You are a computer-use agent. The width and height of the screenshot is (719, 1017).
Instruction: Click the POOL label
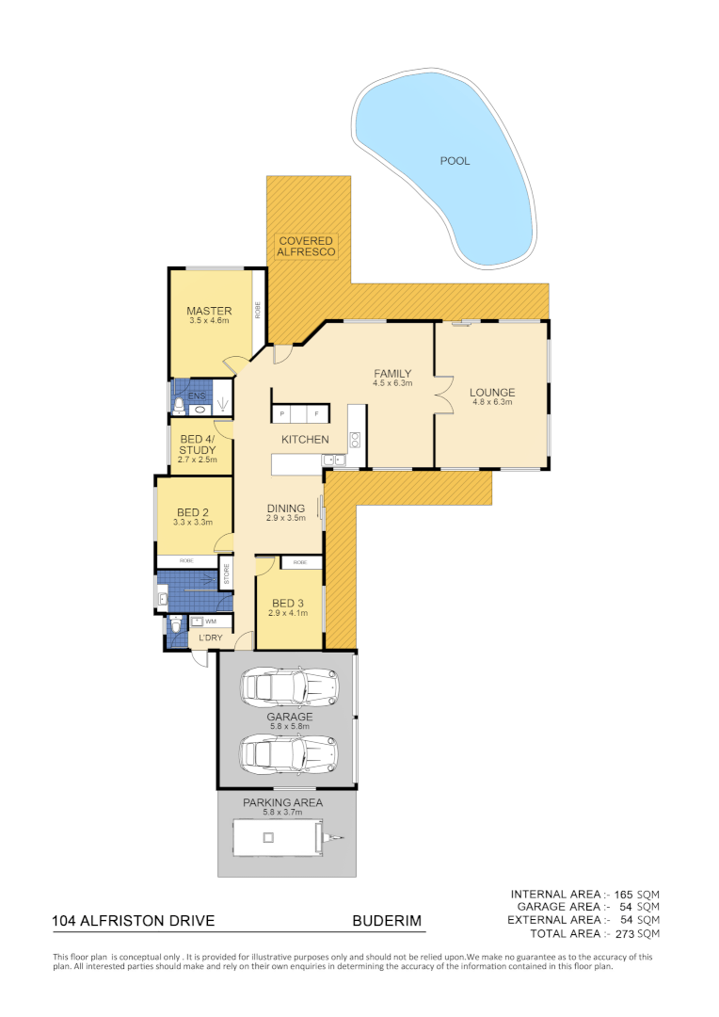tap(455, 161)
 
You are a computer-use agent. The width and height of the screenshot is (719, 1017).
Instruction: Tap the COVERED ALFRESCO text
tap(306, 247)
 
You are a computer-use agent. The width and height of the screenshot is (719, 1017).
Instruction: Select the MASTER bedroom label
tap(209, 312)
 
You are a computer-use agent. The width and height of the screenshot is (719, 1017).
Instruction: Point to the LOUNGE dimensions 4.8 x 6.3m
tap(493, 403)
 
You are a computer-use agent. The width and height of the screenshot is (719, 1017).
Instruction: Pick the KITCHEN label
tap(305, 440)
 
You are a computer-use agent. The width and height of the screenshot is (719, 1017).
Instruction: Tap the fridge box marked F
tap(317, 414)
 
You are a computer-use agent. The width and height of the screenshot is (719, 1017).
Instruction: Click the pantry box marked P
tap(282, 414)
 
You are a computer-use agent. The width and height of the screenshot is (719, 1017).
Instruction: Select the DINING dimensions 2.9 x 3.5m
tap(285, 518)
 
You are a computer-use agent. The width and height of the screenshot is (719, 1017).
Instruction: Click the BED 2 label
tap(192, 512)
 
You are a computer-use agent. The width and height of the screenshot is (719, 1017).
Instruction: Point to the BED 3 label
tap(289, 604)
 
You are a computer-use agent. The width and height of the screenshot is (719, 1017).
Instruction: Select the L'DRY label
tap(210, 639)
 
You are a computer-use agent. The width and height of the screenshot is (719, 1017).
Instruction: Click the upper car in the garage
tap(289, 687)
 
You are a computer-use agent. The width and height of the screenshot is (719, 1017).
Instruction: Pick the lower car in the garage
tap(289, 752)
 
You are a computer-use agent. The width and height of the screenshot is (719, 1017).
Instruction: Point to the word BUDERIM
tap(387, 920)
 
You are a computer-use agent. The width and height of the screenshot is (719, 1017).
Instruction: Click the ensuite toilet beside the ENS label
tap(179, 405)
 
